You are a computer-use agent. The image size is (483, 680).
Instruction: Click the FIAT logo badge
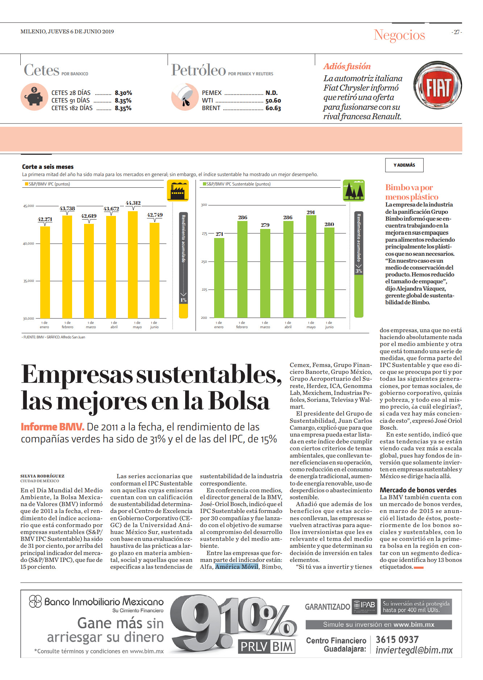point(438,85)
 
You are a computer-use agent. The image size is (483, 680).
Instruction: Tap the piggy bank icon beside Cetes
point(34,97)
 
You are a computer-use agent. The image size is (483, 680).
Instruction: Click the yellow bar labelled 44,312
point(133,264)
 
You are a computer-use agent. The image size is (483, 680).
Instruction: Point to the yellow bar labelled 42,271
point(45,272)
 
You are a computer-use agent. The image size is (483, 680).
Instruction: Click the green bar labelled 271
point(219,278)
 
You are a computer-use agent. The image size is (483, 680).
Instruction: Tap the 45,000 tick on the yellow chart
point(29,206)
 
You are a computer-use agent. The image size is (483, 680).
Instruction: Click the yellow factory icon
point(178,190)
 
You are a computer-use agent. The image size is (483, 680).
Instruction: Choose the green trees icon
point(354,190)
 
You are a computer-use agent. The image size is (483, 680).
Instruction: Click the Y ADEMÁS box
point(404,165)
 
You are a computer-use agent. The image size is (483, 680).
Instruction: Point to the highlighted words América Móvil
point(237,567)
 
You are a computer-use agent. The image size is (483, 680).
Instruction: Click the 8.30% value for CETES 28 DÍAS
point(123,93)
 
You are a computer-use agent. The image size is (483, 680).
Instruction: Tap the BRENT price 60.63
point(273,108)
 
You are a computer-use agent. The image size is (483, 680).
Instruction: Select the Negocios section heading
point(399,35)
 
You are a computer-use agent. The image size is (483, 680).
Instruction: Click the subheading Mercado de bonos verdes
point(418,490)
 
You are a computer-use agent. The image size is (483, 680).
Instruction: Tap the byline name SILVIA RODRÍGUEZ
point(42,476)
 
